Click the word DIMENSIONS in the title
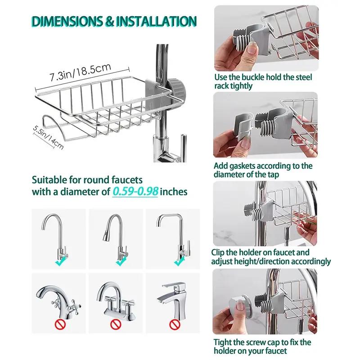point(67,21)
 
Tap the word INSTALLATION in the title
point(156,21)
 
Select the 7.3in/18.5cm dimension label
point(81,72)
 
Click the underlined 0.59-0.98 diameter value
point(135,192)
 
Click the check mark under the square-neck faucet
point(179,261)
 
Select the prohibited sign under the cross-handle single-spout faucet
point(60,324)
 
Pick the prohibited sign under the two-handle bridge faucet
point(116,324)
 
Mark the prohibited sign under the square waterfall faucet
point(174,324)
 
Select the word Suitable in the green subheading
point(48,180)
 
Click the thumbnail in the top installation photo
point(252,49)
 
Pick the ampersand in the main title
point(109,21)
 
